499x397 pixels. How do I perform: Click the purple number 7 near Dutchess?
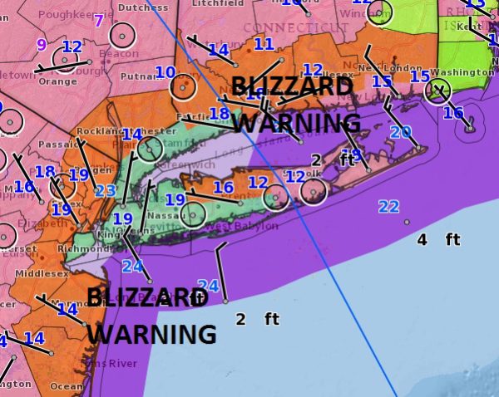[98, 20]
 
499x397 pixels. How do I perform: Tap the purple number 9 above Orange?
[41, 45]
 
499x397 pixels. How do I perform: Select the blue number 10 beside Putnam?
[166, 73]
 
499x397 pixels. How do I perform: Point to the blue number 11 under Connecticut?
[264, 44]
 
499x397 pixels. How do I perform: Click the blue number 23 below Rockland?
[105, 190]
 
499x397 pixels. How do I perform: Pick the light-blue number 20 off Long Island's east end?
[401, 132]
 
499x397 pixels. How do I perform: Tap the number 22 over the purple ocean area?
[388, 207]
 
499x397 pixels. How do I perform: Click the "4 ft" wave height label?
[438, 239]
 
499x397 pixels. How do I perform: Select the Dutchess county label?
[143, 7]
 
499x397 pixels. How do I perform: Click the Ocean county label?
[67, 385]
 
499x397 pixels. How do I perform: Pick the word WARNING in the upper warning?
[297, 124]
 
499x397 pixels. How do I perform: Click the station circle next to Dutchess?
[121, 35]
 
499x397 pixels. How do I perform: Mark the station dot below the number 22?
[406, 222]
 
